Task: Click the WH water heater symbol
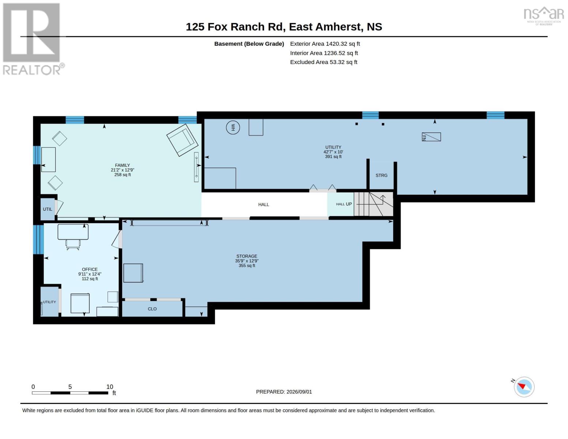(x=233, y=127)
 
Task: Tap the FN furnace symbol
(x=431, y=137)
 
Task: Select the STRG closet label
(x=381, y=176)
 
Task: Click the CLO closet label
(x=152, y=309)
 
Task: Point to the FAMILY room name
(x=122, y=165)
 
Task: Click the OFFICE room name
(x=90, y=269)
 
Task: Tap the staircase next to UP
(x=373, y=204)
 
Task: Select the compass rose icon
(x=524, y=387)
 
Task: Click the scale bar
(x=70, y=393)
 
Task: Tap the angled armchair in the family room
(x=182, y=140)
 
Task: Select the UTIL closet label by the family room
(x=47, y=209)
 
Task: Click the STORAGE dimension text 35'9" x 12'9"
(x=247, y=261)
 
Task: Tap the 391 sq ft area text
(x=333, y=157)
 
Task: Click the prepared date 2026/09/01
(x=299, y=392)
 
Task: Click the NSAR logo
(x=544, y=16)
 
